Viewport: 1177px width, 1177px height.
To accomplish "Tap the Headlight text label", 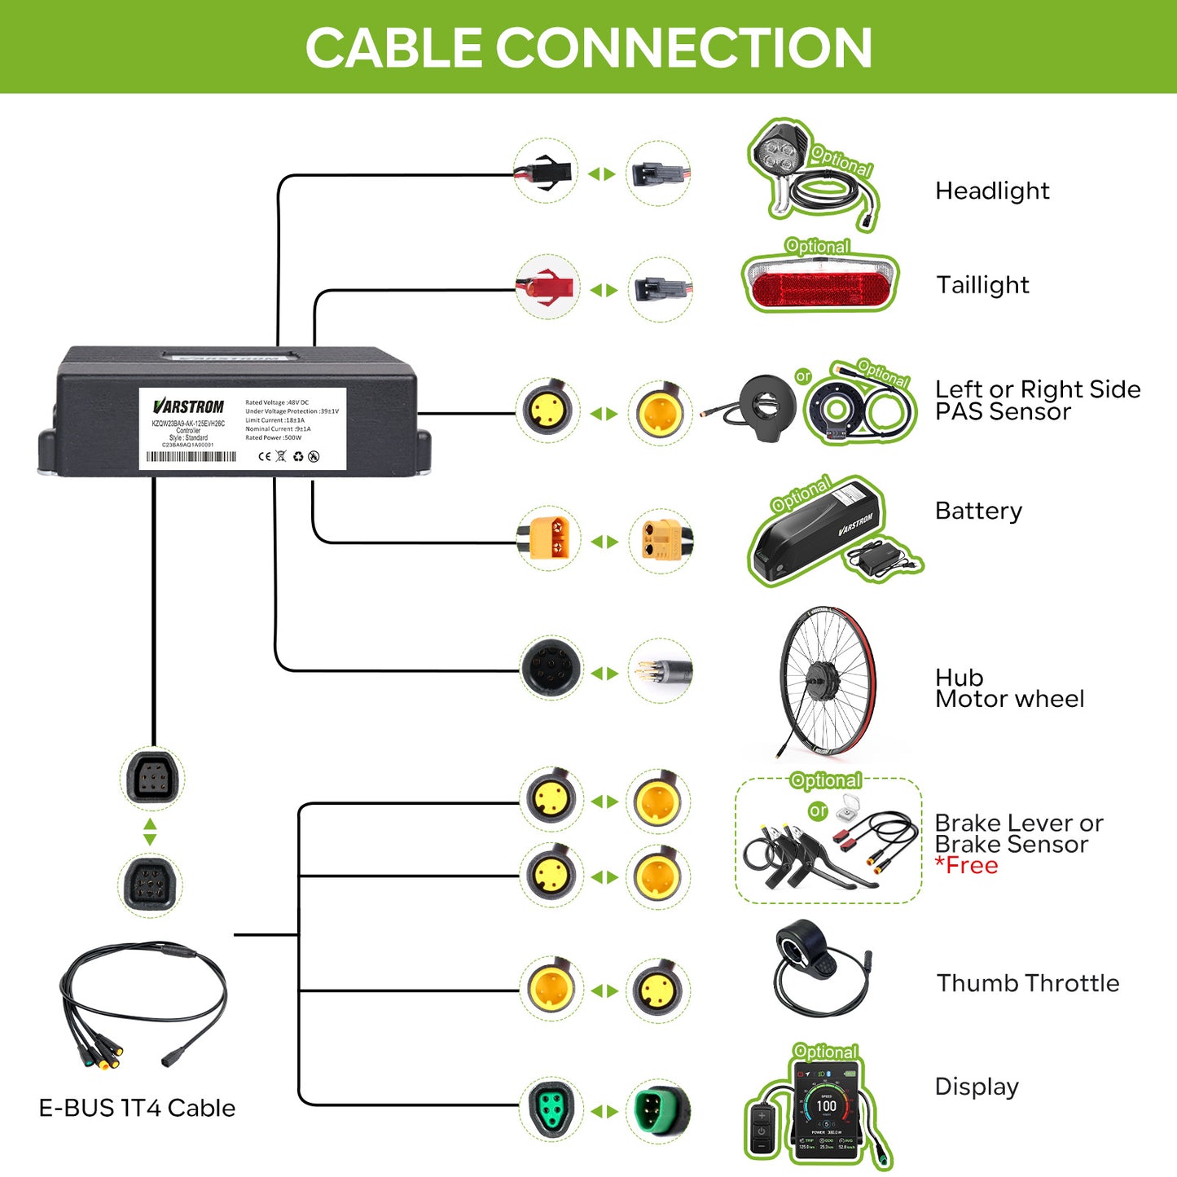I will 991,191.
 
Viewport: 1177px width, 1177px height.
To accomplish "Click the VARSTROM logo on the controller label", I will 188,406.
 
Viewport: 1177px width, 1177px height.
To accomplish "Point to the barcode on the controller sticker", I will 191,457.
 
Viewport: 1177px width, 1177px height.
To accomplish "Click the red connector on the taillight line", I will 547,288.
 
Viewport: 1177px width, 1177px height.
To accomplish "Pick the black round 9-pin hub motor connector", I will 551,670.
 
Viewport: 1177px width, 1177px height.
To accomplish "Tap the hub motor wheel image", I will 826,679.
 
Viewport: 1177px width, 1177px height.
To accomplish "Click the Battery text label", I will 977,511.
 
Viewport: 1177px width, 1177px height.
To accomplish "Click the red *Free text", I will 966,866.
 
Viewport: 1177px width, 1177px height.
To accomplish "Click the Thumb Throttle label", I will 1027,983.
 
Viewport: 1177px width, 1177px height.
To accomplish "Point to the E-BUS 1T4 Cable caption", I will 137,1108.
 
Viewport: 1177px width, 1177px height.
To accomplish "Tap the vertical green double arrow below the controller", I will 150,832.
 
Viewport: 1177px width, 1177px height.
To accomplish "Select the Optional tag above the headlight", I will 841,160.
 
